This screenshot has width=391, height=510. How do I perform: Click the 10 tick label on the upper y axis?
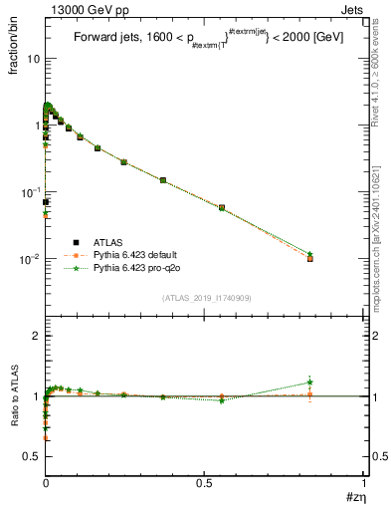pyautogui.click(x=33, y=58)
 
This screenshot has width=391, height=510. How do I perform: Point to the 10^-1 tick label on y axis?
pyautogui.click(x=29, y=191)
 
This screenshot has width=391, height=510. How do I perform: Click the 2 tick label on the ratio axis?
pyautogui.click(x=36, y=337)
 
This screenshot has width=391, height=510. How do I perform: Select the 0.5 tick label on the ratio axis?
pyautogui.click(x=31, y=455)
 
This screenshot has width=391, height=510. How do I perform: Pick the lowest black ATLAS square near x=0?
pyautogui.click(x=46, y=202)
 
